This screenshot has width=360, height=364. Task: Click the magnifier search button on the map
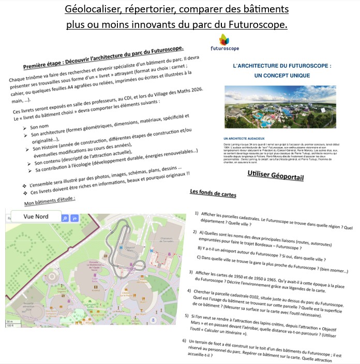[x=65, y=219]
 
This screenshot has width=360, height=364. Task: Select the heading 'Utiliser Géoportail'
[x=275, y=177]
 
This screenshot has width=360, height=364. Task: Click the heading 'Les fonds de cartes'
[x=214, y=193]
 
